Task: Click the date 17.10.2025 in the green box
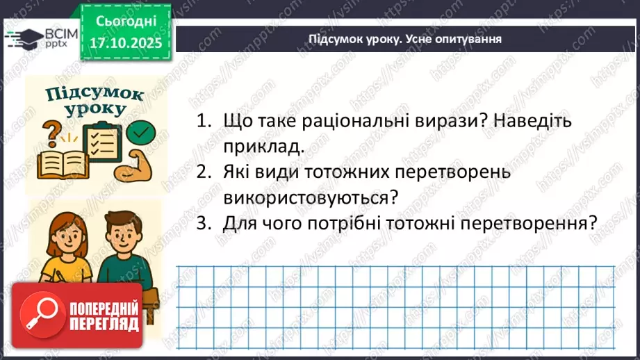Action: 125,43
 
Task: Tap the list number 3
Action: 202,223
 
